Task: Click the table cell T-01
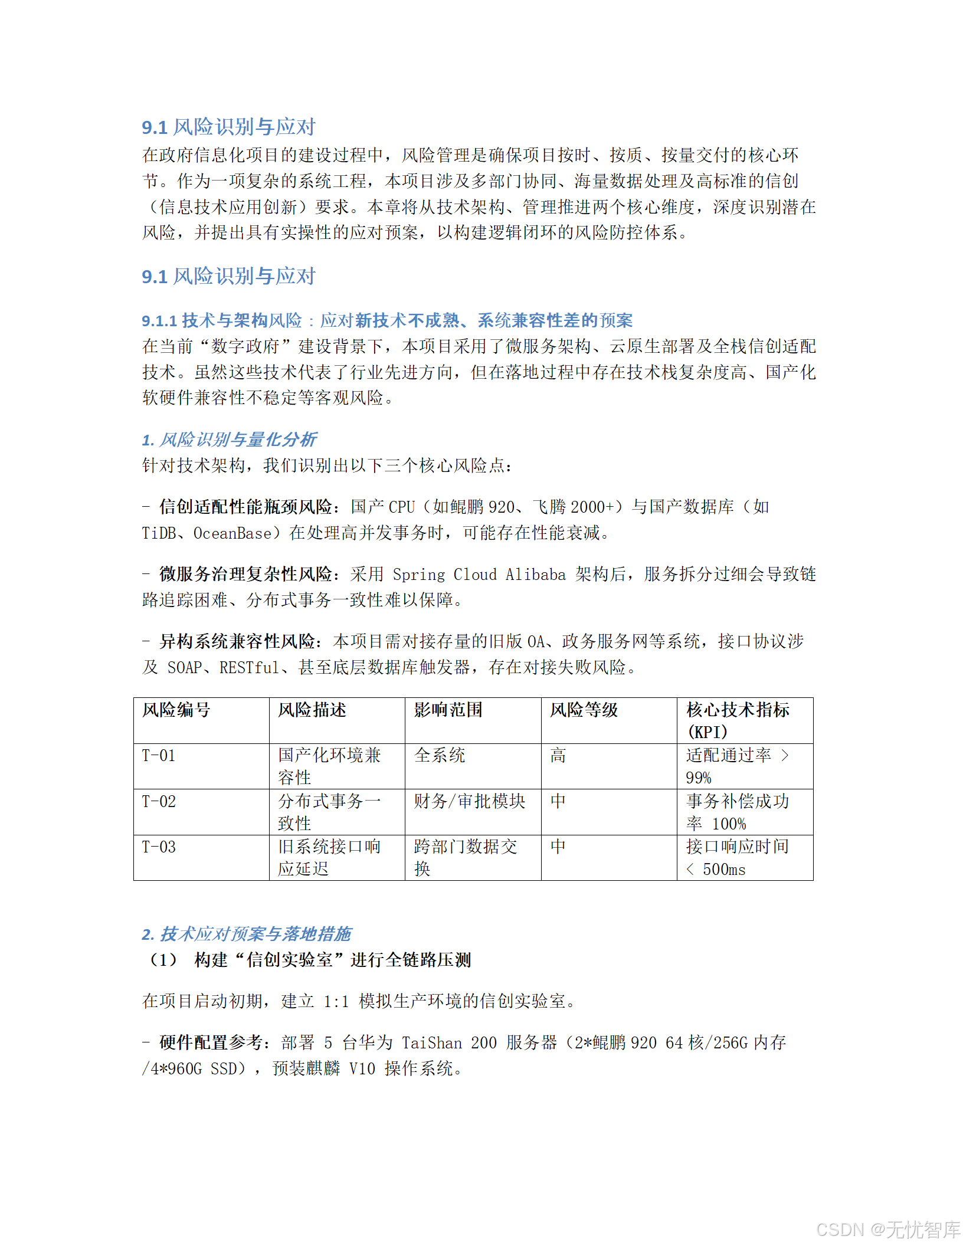(x=159, y=756)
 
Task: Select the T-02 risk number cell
(x=159, y=802)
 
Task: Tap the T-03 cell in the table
(x=159, y=847)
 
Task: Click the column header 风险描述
(x=312, y=710)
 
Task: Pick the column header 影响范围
(x=448, y=710)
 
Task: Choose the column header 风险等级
(x=584, y=710)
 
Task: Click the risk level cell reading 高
(x=558, y=756)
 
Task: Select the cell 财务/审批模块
(x=469, y=802)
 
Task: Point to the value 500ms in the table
(x=724, y=870)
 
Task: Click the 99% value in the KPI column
(x=699, y=778)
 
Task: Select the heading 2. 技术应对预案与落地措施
(x=246, y=934)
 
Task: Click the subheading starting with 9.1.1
(x=386, y=320)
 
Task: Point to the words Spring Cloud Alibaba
(x=479, y=575)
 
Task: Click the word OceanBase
(x=232, y=533)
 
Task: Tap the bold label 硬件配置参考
(x=211, y=1043)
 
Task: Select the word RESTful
(x=249, y=668)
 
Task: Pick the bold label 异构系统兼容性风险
(x=237, y=642)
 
